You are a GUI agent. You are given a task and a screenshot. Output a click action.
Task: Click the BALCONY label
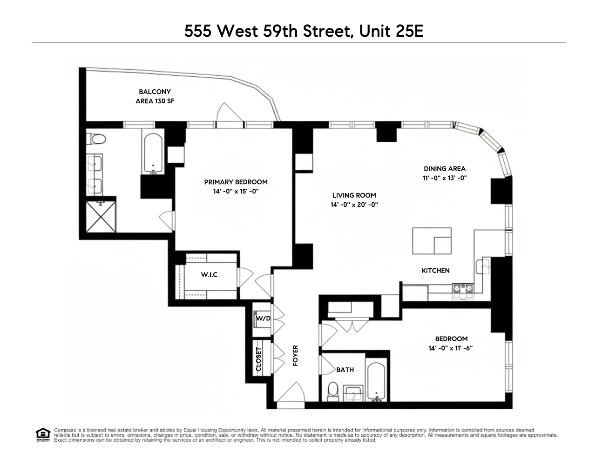coord(155,92)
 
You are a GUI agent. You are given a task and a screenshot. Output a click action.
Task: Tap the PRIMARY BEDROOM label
coord(236,182)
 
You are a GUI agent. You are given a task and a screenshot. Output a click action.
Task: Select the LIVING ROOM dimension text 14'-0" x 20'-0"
coord(354,204)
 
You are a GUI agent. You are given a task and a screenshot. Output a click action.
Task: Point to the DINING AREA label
coord(444,169)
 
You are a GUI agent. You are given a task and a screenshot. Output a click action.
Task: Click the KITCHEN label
coord(435,270)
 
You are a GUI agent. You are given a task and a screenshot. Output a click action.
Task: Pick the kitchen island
coord(432,241)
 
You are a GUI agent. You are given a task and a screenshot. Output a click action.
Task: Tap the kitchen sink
coord(482,266)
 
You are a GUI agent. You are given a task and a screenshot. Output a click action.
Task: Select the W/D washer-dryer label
coord(263,318)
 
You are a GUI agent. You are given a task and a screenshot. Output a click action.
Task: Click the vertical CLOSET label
coord(259,359)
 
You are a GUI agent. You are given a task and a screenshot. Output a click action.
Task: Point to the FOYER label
coord(295,356)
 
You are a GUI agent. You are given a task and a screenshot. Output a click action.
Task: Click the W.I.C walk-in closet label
coord(209,275)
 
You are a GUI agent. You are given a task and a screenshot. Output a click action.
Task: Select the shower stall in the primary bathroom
coord(101,217)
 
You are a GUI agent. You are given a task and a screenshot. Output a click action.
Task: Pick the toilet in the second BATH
coord(333,391)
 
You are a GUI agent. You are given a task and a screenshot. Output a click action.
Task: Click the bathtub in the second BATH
coord(376,381)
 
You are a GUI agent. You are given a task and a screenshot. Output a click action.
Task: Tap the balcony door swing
coord(228,113)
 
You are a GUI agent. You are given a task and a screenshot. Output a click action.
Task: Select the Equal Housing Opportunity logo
coord(43,435)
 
